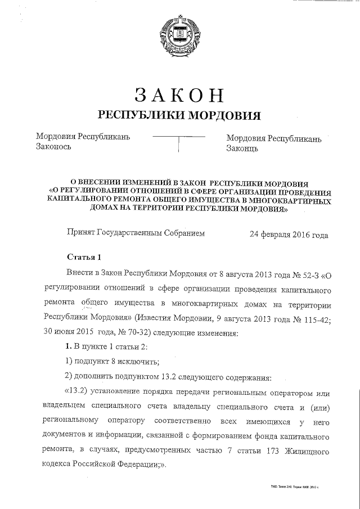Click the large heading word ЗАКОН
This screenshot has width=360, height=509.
pos(180,96)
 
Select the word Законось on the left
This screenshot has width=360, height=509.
pos(53,147)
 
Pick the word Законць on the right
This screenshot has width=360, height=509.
pos(242,148)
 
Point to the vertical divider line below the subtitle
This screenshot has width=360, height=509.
pos(178,145)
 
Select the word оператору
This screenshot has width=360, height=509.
pos(124,420)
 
